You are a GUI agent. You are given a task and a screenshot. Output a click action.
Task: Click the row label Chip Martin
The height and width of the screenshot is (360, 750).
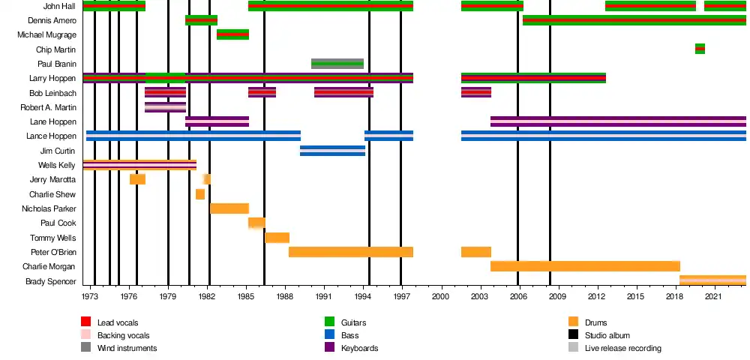pyautogui.click(x=55, y=49)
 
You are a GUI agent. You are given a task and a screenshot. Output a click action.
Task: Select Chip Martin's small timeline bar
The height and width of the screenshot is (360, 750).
pyautogui.click(x=700, y=49)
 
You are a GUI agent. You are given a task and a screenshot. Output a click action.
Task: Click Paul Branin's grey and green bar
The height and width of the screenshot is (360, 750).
pyautogui.click(x=337, y=64)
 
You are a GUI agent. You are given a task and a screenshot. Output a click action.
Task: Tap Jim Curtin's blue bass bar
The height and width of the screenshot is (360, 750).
pyautogui.click(x=332, y=151)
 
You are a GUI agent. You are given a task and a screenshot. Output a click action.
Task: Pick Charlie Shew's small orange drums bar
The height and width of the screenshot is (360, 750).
pyautogui.click(x=200, y=194)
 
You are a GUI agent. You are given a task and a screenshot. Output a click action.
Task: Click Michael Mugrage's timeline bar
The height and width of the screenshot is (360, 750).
pyautogui.click(x=232, y=34)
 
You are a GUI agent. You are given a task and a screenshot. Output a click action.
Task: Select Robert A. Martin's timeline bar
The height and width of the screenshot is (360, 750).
pyautogui.click(x=165, y=107)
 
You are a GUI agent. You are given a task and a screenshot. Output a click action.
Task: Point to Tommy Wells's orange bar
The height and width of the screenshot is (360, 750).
pyautogui.click(x=277, y=238)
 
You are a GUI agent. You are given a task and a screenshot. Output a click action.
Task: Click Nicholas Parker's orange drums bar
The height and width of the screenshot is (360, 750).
pyautogui.click(x=229, y=208)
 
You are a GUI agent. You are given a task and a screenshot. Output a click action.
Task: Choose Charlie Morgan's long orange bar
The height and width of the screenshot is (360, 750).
pyautogui.click(x=585, y=266)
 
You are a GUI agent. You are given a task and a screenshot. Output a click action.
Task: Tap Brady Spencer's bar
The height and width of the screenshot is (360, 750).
pyautogui.click(x=712, y=281)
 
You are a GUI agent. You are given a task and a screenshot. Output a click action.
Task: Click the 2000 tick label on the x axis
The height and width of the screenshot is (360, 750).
pyautogui.click(x=442, y=297)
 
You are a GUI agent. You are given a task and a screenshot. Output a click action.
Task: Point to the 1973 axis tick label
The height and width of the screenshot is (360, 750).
pyautogui.click(x=90, y=297)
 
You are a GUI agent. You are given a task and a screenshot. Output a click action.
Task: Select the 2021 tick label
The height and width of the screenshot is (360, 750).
pyautogui.click(x=715, y=297)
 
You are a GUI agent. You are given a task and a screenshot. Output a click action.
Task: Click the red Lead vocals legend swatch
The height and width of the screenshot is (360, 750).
pyautogui.click(x=86, y=322)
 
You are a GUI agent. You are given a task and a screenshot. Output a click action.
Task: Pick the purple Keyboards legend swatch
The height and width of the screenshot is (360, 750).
pyautogui.click(x=329, y=348)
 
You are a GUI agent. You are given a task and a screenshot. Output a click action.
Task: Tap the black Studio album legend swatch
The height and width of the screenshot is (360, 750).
pyautogui.click(x=574, y=335)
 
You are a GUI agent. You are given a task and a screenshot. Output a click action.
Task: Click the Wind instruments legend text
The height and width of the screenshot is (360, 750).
pyautogui.click(x=127, y=348)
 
